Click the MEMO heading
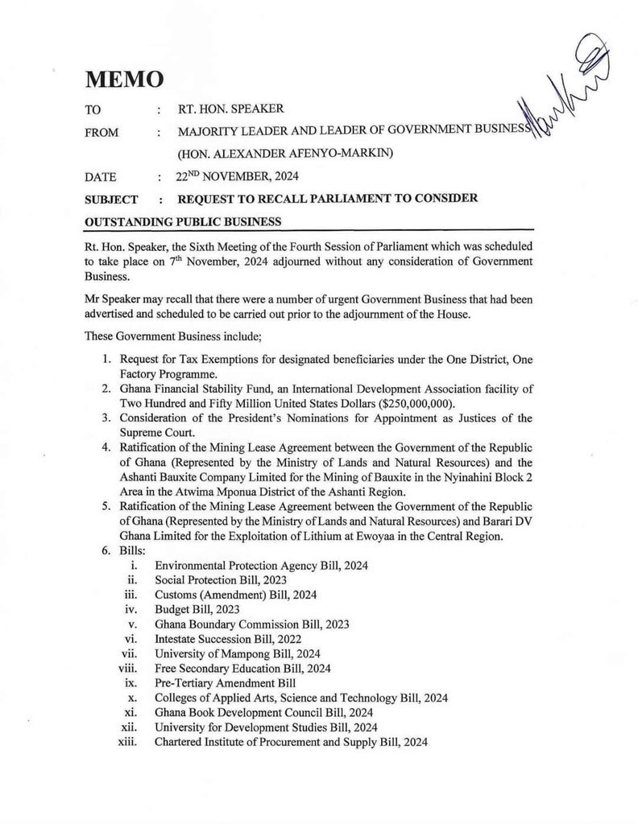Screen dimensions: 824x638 point(124,79)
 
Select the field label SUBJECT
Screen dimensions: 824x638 point(111,200)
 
